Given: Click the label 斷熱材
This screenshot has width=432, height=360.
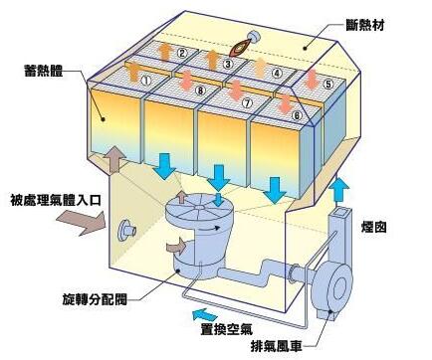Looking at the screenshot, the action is (364, 25).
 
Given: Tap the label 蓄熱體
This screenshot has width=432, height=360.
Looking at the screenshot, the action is (44, 71).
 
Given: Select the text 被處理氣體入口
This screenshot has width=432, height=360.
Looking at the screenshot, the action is (55, 200).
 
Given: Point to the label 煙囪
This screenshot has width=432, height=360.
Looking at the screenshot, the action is (374, 228).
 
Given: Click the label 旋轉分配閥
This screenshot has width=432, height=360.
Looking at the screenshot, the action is (95, 299).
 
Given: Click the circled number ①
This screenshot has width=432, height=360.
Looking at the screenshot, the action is (146, 80).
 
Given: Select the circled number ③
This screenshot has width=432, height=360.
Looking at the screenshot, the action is (228, 64).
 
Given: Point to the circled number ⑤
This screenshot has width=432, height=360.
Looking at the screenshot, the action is (328, 84).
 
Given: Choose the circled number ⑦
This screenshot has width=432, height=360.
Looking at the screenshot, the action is (247, 103).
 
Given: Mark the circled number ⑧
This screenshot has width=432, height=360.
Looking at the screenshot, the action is (200, 90).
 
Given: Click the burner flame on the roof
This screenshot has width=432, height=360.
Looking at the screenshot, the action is (240, 48).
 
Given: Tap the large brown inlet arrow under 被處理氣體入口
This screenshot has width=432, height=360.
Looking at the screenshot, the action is (82, 223).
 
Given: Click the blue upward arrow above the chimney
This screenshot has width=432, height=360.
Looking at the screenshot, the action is (339, 189).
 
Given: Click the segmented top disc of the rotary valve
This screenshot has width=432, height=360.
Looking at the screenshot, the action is (198, 207).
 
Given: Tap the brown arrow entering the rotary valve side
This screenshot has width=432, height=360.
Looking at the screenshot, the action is (176, 246).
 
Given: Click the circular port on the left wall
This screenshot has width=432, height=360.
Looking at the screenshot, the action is (125, 230).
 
